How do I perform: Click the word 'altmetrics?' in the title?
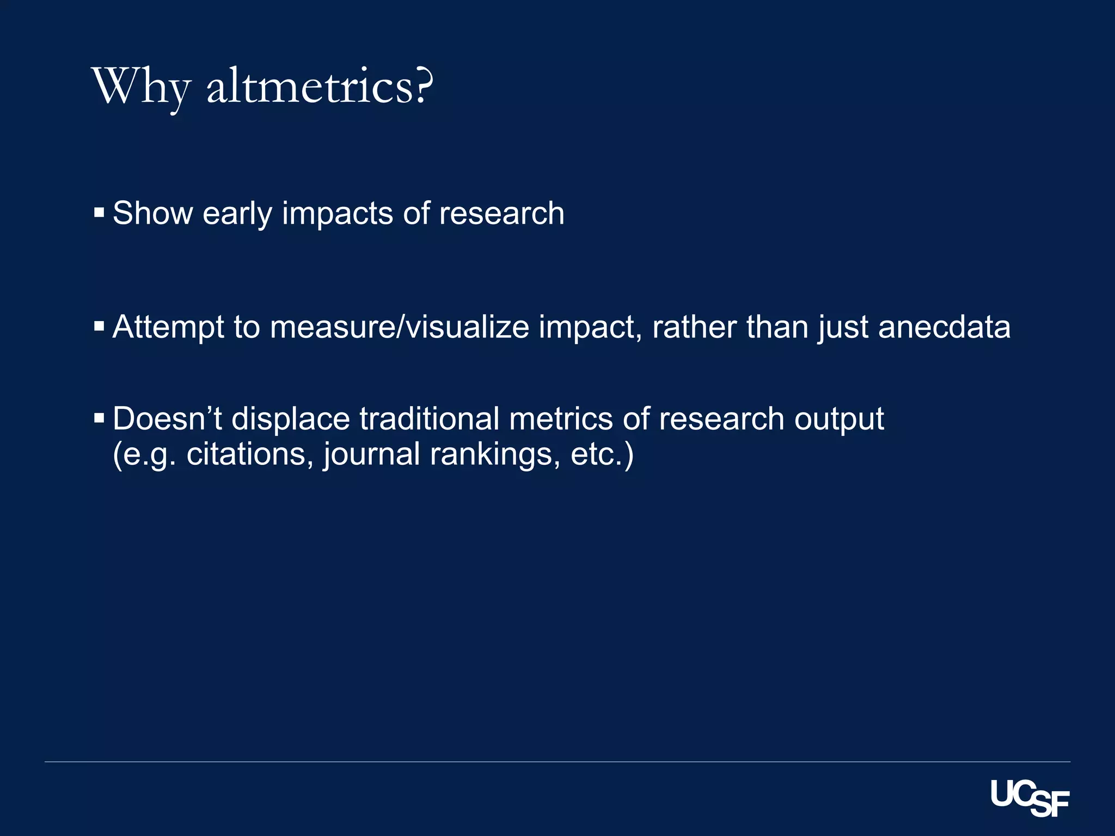320,87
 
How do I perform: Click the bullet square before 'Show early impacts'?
99,212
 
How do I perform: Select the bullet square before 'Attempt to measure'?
99,327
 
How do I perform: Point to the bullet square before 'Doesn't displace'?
99,418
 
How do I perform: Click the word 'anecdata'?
944,327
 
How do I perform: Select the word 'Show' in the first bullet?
152,213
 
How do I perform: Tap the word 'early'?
237,214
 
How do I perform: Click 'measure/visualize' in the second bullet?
399,327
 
